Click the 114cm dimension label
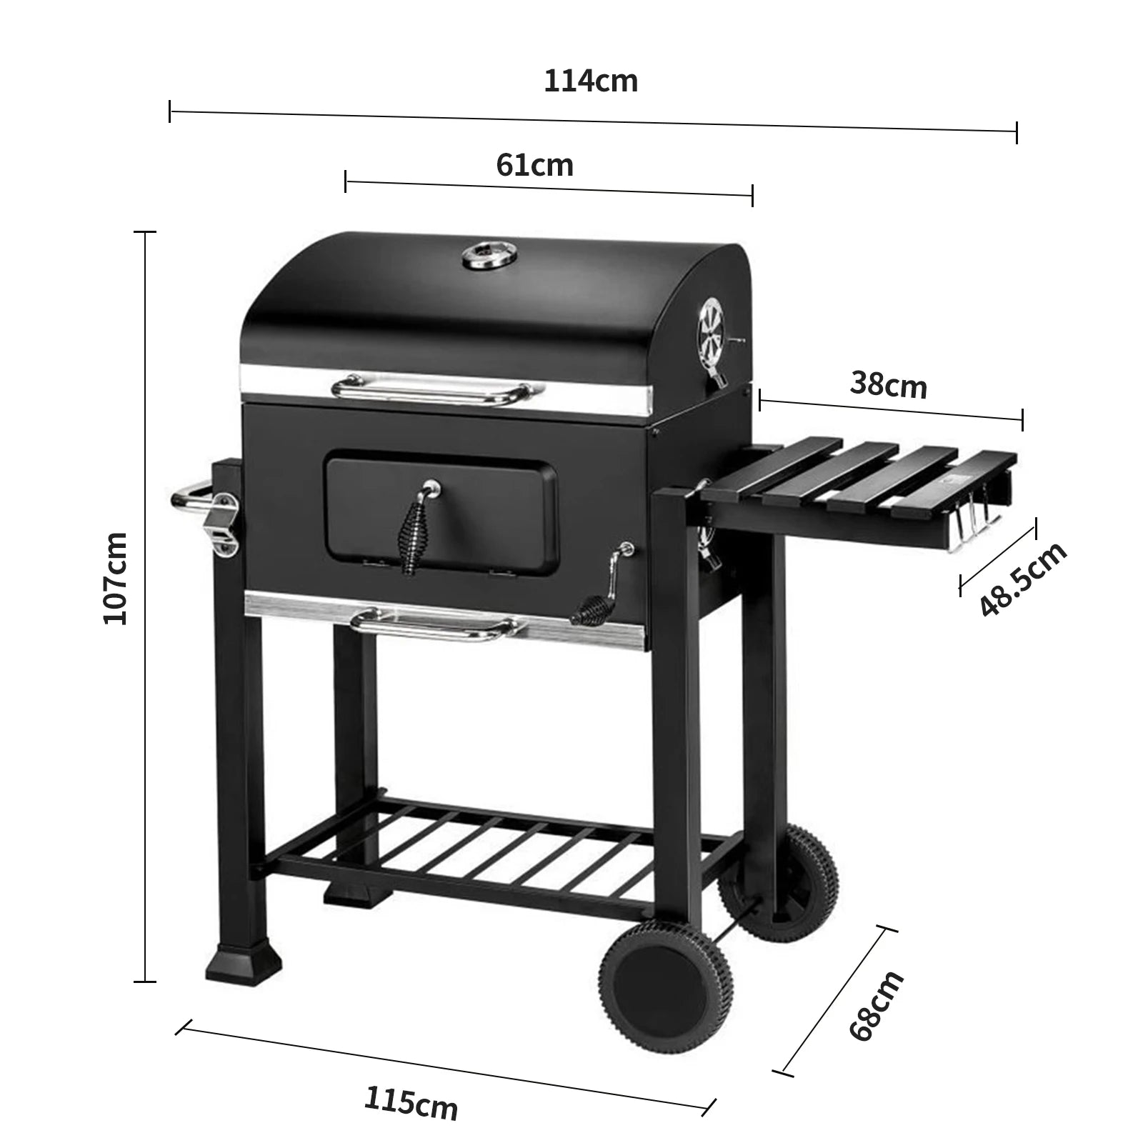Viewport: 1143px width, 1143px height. pyautogui.click(x=591, y=81)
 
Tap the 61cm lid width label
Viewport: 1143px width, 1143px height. pyautogui.click(x=534, y=165)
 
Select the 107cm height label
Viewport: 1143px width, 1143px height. pyautogui.click(x=115, y=578)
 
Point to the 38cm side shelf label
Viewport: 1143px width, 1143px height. pyautogui.click(x=888, y=386)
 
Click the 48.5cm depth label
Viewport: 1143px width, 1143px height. pyautogui.click(x=1022, y=579)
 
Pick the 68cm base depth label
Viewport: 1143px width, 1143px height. pyautogui.click(x=876, y=1005)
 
